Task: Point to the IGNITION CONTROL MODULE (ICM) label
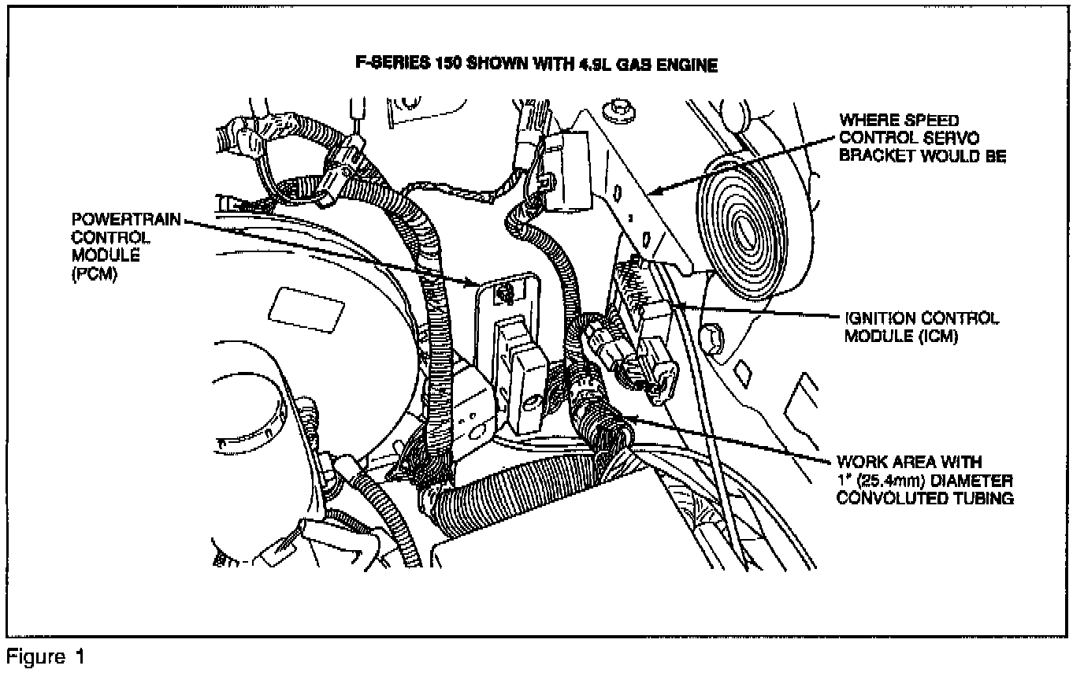tap(921, 326)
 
